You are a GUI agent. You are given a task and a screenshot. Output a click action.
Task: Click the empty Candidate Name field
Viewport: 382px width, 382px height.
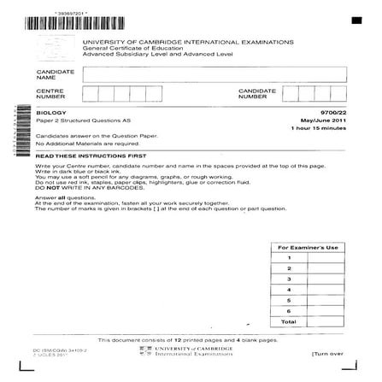click(x=214, y=74)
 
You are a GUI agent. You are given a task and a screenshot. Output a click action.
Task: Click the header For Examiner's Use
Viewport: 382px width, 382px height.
click(x=308, y=247)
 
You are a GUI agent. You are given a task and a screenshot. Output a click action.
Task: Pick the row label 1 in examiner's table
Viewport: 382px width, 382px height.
click(x=290, y=257)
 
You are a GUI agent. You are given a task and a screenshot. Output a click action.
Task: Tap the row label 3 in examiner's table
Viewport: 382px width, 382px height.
click(x=290, y=279)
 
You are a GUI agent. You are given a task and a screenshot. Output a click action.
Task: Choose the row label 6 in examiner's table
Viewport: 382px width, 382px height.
click(x=290, y=310)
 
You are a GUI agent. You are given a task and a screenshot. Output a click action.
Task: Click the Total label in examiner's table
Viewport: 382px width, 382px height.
click(x=290, y=321)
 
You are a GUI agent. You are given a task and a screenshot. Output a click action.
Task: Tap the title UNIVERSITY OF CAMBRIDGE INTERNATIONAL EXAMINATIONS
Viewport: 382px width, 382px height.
click(x=187, y=41)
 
